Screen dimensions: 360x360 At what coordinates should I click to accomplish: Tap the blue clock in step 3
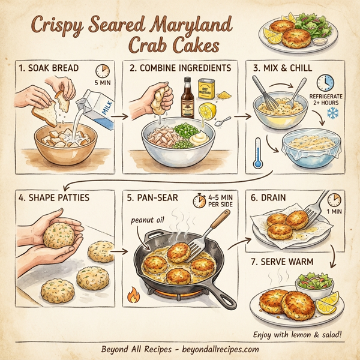pos(325,83)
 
